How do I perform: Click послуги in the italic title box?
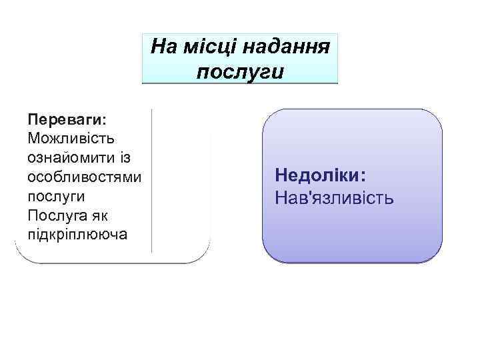point(241,71)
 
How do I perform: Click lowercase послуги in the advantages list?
point(56,197)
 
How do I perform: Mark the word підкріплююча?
point(76,236)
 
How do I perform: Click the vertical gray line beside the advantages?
point(153,180)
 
